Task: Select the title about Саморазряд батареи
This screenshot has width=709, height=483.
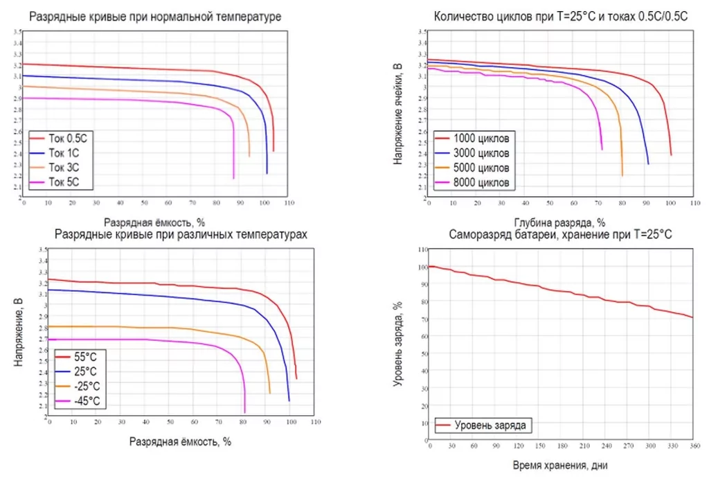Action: pyautogui.click(x=560, y=235)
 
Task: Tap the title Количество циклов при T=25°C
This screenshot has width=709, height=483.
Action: pyautogui.click(x=560, y=17)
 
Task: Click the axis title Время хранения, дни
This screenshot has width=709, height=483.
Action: pyautogui.click(x=560, y=465)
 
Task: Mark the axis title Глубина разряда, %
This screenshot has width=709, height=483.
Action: pyautogui.click(x=560, y=222)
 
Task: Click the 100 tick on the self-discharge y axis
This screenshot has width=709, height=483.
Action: pyautogui.click(x=422, y=267)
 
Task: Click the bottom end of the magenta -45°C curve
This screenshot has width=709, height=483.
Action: pyautogui.click(x=244, y=412)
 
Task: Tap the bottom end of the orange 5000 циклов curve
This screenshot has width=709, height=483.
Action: pyautogui.click(x=622, y=175)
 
